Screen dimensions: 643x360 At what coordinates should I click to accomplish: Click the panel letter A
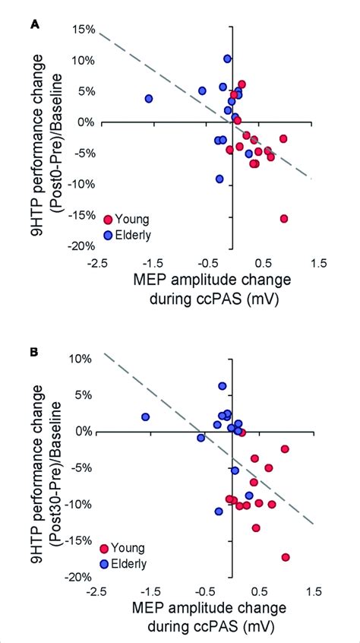click(33, 24)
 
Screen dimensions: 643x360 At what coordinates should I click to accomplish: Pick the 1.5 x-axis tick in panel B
click(314, 591)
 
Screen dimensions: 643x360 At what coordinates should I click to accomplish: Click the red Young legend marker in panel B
click(106, 548)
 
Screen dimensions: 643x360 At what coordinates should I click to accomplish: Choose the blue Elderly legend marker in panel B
click(106, 563)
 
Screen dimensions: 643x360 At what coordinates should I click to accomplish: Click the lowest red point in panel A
click(284, 219)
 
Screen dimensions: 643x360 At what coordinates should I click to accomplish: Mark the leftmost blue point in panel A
click(149, 99)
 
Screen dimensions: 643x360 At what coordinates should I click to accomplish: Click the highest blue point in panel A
click(227, 59)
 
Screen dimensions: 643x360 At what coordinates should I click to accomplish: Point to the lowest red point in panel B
click(286, 557)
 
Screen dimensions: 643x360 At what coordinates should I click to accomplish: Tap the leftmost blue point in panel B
click(145, 417)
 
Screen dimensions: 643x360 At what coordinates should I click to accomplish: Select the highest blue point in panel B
click(223, 386)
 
